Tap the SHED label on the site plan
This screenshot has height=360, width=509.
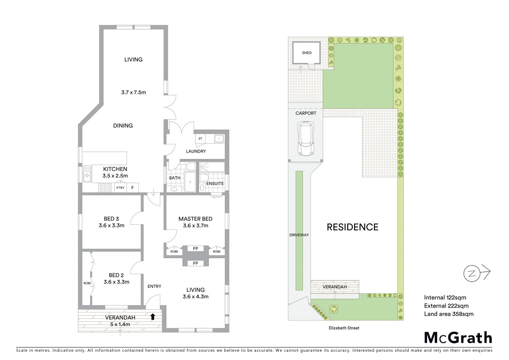[x=307, y=53]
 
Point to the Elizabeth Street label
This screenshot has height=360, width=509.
[x=344, y=328]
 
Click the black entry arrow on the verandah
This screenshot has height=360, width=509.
[x=153, y=317]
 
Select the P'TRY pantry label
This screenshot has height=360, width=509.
[x=120, y=188]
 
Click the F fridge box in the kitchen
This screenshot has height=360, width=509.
[x=133, y=188]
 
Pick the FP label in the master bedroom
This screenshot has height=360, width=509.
[x=196, y=249]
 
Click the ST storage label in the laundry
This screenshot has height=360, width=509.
[x=200, y=139]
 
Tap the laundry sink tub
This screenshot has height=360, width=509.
[x=219, y=138]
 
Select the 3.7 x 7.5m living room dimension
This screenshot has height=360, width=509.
[x=134, y=92]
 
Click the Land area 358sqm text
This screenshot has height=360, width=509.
[x=448, y=314]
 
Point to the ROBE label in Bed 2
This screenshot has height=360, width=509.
[x=87, y=283]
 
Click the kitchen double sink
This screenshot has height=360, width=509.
[x=87, y=174]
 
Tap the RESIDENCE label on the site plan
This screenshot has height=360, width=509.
[x=352, y=227]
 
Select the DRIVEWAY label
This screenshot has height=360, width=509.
[x=299, y=235]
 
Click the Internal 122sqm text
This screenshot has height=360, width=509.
[x=445, y=298]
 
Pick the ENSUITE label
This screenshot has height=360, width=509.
[x=215, y=184]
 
